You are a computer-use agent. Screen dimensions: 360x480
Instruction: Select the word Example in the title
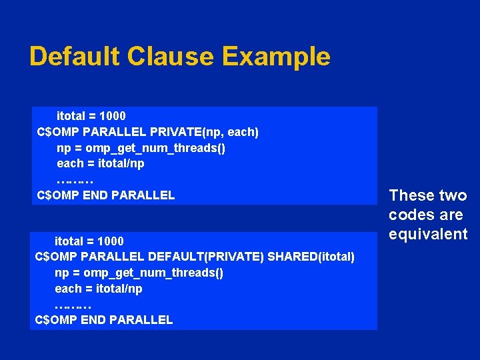coord(277,57)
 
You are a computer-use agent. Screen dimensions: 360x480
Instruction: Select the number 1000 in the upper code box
coord(112,116)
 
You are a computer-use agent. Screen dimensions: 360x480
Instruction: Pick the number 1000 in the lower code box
coord(110,241)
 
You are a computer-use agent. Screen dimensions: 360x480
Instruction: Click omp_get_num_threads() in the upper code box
coord(155,148)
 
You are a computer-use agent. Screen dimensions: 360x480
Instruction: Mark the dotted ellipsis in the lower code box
coord(73,305)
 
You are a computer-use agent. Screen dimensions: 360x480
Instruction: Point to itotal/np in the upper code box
coord(121,163)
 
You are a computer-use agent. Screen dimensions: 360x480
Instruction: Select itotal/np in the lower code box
coord(119,289)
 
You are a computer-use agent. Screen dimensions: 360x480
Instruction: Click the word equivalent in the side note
coord(428,234)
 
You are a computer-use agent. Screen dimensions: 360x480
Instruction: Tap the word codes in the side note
coord(410,215)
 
